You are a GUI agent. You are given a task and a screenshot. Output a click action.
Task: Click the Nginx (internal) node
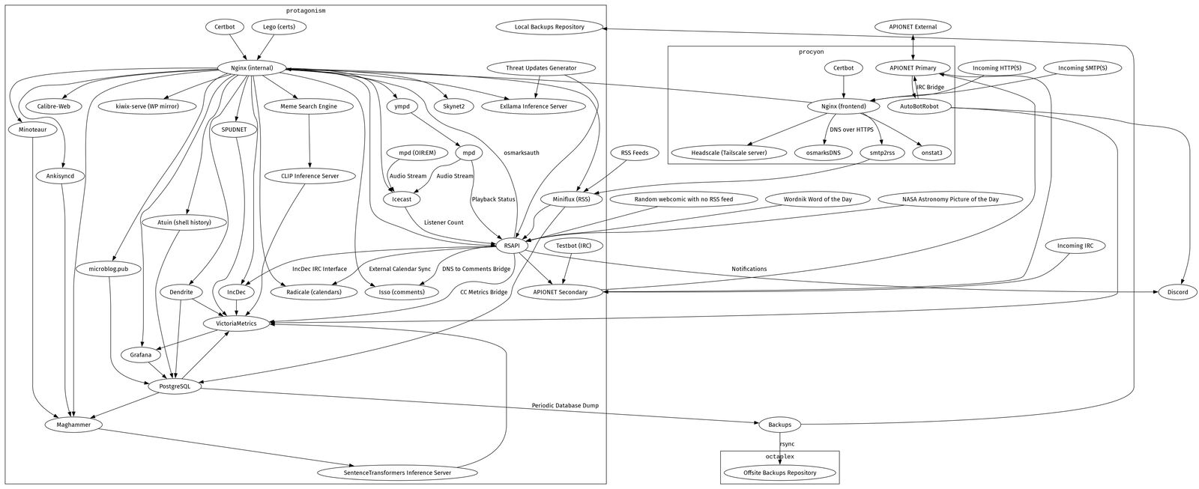[252, 68]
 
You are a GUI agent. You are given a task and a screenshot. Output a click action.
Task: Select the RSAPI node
[512, 246]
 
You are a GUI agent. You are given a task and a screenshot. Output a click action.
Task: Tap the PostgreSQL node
[175, 386]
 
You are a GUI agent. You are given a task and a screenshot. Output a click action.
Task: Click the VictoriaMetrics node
[236, 324]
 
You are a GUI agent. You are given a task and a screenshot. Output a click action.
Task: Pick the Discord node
[1177, 292]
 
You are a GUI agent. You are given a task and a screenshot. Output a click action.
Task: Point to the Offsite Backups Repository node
[780, 473]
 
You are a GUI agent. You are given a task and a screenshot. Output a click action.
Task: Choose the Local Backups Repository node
[549, 27]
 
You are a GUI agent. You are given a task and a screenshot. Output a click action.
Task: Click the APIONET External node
[913, 27]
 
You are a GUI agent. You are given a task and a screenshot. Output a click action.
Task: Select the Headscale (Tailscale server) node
[728, 153]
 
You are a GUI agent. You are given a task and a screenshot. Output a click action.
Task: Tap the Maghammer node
[74, 425]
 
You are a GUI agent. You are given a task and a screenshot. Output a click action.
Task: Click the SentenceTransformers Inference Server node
[397, 473]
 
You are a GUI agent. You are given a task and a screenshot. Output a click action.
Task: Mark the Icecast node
[402, 199]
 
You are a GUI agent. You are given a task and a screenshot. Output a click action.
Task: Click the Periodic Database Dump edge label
[565, 406]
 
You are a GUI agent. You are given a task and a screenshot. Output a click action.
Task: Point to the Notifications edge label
[749, 269]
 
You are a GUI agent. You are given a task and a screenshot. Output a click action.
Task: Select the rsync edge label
[787, 444]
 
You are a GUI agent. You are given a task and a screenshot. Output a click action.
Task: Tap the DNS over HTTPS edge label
[851, 130]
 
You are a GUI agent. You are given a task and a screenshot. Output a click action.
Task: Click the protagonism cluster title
[306, 10]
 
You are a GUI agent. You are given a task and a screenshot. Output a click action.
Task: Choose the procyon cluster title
[812, 52]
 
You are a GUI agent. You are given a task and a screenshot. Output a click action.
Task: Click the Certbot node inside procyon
[844, 68]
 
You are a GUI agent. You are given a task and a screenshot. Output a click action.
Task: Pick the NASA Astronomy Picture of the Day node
[950, 199]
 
